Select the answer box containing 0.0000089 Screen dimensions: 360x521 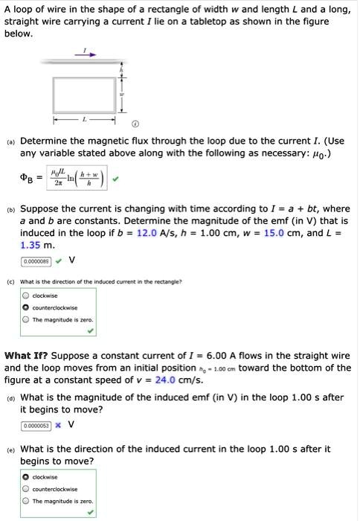36,261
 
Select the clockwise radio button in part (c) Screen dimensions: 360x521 27,295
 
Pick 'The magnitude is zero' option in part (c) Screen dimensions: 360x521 27,320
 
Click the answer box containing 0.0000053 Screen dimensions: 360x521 36,426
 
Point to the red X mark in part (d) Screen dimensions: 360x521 57,426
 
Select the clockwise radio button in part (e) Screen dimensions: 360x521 27,477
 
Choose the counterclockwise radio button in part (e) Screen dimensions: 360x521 27,489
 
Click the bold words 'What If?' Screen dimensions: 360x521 28,356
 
